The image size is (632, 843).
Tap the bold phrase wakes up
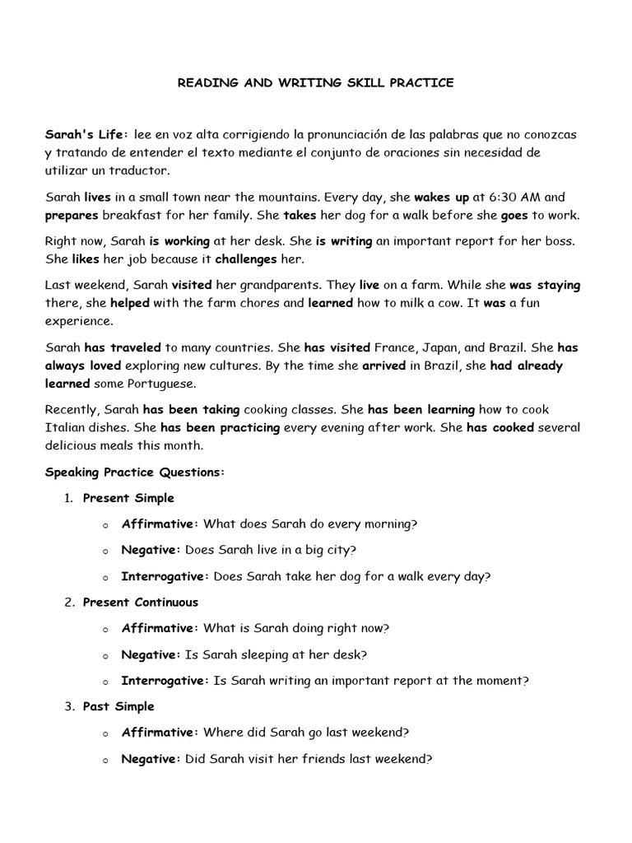point(442,198)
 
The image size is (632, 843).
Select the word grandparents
point(280,286)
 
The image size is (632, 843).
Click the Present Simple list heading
point(128,498)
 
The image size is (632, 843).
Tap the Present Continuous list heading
point(141,603)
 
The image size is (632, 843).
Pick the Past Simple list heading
point(118,706)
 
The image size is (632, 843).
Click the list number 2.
point(69,603)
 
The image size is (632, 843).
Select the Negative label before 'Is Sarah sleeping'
point(150,654)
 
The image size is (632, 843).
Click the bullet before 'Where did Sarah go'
point(106,733)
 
